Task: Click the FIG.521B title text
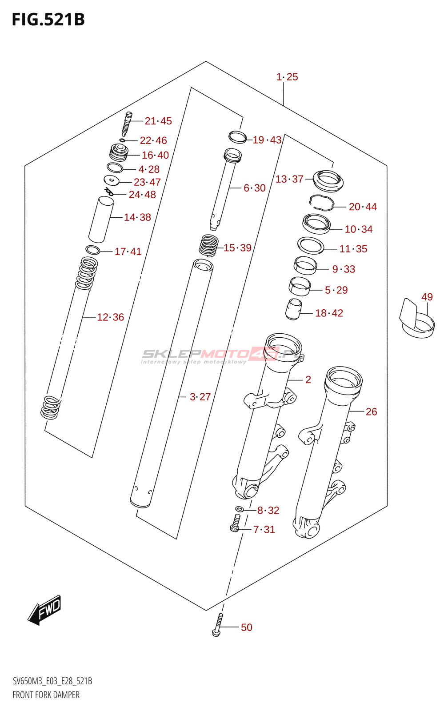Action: point(48,20)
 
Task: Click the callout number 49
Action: point(427,297)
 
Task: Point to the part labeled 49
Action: point(416,319)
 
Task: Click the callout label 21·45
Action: point(158,121)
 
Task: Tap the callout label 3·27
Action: point(200,397)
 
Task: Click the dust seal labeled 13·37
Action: point(328,180)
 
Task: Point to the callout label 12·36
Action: point(110,317)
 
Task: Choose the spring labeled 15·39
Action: point(208,245)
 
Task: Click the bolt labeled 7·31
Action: point(236,523)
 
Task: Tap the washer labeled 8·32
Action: point(239,509)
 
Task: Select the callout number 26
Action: point(371,412)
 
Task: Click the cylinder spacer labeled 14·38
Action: point(101,220)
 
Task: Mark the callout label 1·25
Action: point(287,77)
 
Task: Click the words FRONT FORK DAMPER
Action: point(46,695)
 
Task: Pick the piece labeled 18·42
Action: point(293,309)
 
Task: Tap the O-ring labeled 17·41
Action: point(92,250)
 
